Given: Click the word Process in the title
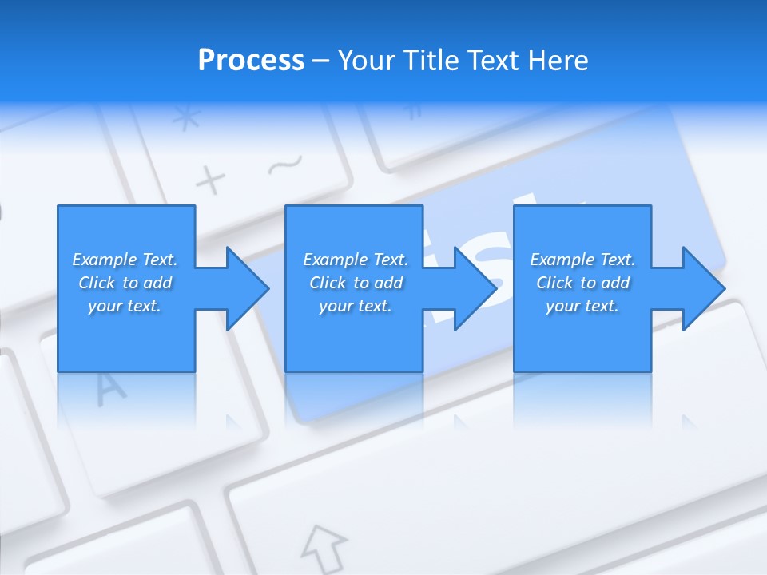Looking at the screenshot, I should click(x=251, y=61).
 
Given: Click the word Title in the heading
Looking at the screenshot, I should click(x=432, y=61).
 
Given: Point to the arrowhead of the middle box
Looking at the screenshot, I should click(x=474, y=288).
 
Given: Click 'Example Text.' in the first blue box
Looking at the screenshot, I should click(x=125, y=260).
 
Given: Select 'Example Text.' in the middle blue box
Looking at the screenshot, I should click(x=356, y=260).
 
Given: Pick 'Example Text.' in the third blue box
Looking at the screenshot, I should click(x=582, y=260).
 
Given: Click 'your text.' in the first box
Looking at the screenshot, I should click(x=125, y=306).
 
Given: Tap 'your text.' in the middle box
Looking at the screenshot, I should click(x=356, y=306).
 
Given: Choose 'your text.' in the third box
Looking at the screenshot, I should click(x=582, y=306).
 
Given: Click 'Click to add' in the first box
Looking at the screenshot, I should click(x=125, y=283).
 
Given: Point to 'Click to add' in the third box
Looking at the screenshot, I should click(x=582, y=283).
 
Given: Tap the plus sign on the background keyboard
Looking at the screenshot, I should click(x=211, y=180).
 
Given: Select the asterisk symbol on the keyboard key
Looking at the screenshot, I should click(x=187, y=118).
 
